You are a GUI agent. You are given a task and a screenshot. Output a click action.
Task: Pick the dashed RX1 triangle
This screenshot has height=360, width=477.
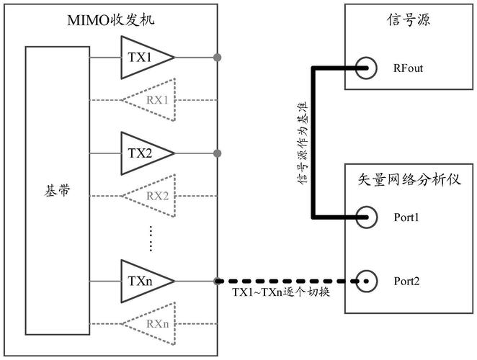click(x=153, y=98)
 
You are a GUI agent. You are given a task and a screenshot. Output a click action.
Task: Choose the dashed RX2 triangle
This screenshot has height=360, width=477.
click(x=153, y=195)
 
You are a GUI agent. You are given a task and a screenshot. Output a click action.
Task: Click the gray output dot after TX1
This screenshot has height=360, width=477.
click(x=217, y=56)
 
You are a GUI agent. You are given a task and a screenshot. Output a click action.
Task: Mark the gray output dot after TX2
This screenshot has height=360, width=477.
click(x=217, y=153)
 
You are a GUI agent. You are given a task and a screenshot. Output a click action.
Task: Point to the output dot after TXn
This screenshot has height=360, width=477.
click(x=217, y=280)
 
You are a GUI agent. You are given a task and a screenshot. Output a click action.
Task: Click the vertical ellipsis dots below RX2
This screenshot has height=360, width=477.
click(x=151, y=238)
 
